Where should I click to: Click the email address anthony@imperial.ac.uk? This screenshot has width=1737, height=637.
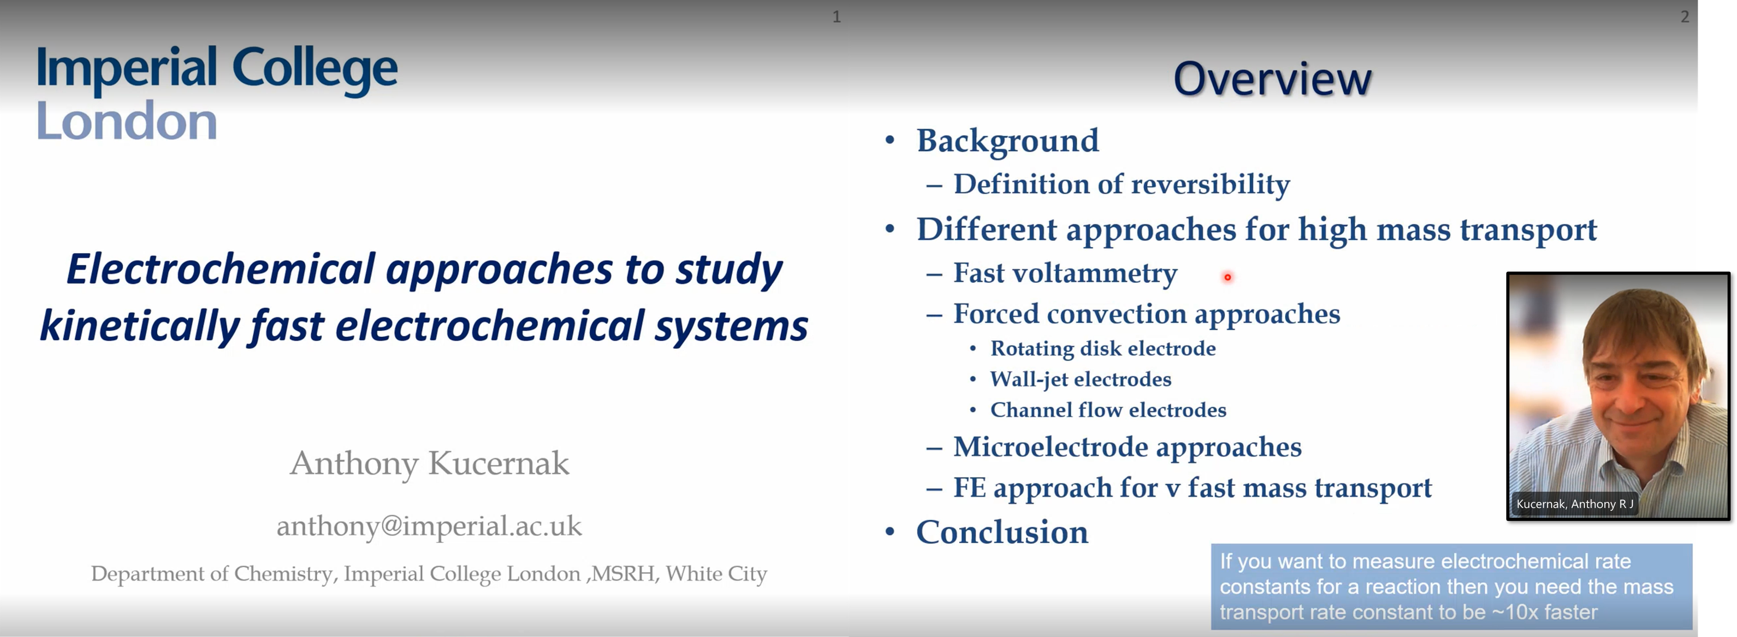click(x=429, y=526)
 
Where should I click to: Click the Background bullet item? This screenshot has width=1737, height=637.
click(x=1007, y=141)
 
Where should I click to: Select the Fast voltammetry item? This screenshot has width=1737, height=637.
click(x=1065, y=273)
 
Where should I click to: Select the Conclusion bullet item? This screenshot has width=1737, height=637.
click(x=1002, y=532)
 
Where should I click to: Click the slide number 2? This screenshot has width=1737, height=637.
click(x=1684, y=17)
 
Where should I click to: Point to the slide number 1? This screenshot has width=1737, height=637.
click(x=836, y=17)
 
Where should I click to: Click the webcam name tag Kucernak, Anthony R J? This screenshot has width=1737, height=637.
click(x=1575, y=504)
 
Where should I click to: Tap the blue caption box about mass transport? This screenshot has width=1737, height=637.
click(x=1451, y=586)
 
